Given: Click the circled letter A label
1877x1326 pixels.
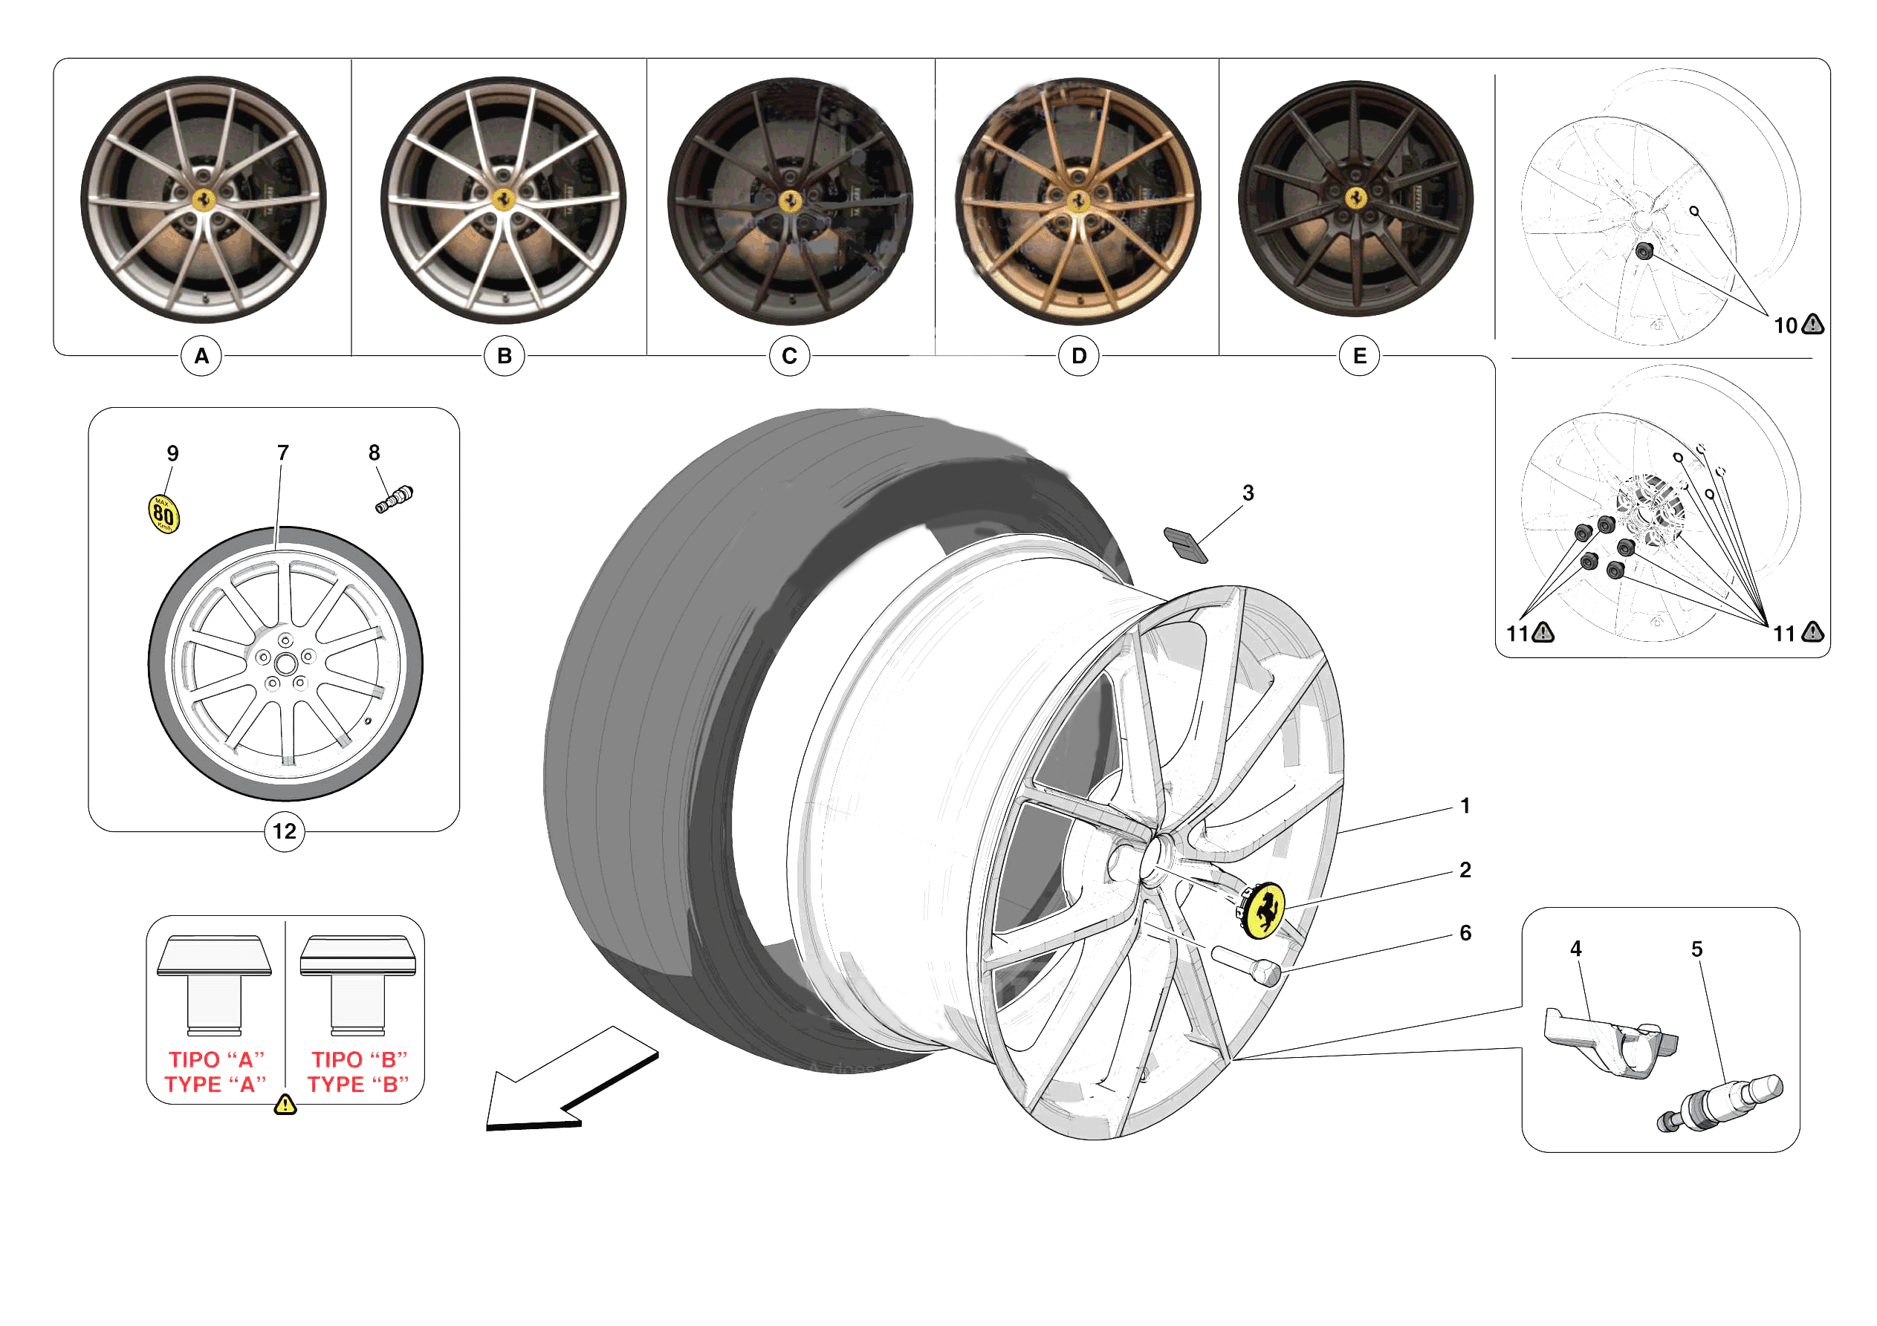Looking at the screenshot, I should pyautogui.click(x=201, y=356).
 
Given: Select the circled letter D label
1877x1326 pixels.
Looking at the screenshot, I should pyautogui.click(x=1078, y=356).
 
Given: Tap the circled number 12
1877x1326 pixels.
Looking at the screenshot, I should pyautogui.click(x=284, y=831).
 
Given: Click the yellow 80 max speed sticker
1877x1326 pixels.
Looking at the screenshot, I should pyautogui.click(x=163, y=514).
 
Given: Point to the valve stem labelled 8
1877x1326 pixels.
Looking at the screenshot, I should pyautogui.click(x=394, y=498).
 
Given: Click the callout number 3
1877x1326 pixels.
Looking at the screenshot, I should pyautogui.click(x=1248, y=493).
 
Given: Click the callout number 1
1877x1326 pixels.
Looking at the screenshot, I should pyautogui.click(x=1465, y=806).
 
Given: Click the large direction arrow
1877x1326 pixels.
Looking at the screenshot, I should pyautogui.click(x=564, y=1082).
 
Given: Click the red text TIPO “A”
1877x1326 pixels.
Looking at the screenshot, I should pyautogui.click(x=217, y=1059).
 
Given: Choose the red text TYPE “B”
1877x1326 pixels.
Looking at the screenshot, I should pyautogui.click(x=358, y=1084).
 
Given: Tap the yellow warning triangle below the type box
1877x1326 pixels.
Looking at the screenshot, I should pyautogui.click(x=285, y=1105).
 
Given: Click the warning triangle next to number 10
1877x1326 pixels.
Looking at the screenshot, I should pyautogui.click(x=1812, y=325).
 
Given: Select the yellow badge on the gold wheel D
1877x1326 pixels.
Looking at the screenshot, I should pyautogui.click(x=1078, y=201).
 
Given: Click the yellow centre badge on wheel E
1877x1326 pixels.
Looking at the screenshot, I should pyautogui.click(x=1356, y=197).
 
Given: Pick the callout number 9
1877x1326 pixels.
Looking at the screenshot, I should pyautogui.click(x=172, y=453).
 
